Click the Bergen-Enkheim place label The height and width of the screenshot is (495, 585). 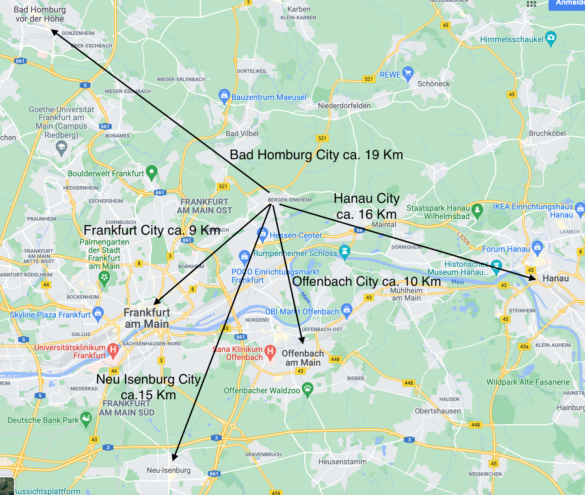coord(290,200)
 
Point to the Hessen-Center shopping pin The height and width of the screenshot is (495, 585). coord(262,234)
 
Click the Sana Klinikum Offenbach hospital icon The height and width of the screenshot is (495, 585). coord(270,351)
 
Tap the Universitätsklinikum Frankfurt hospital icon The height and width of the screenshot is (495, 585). coord(113,350)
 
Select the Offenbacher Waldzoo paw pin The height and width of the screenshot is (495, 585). coord(308,389)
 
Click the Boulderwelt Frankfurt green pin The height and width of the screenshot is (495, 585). coord(152,172)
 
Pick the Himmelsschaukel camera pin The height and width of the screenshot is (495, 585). coord(551,38)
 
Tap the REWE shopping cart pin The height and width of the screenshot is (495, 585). coord(408,73)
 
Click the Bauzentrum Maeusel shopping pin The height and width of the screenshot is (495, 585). coord(224,96)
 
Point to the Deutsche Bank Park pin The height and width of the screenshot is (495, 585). coord(86,419)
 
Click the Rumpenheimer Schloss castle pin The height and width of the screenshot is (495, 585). coord(344,252)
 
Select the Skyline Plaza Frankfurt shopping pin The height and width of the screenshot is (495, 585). coord(98,313)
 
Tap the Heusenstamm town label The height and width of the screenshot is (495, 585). coord(342,462)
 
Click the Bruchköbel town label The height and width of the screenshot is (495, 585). coord(547,133)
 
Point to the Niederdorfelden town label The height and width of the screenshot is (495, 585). coord(344,106)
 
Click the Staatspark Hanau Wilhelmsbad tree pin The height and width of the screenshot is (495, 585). coord(477,209)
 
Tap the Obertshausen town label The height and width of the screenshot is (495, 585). coord(438,411)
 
